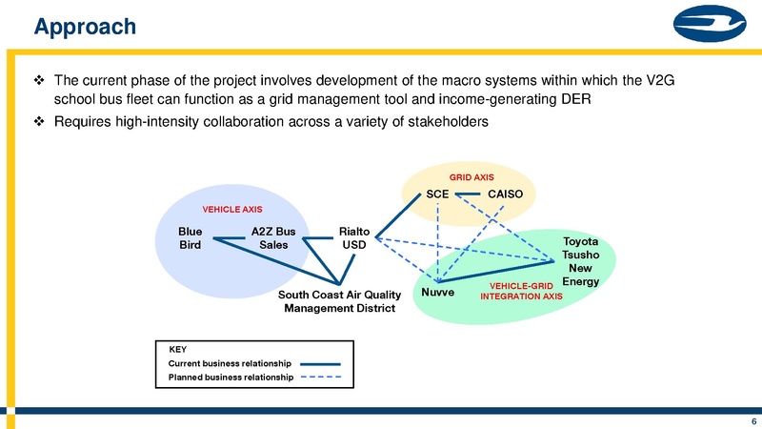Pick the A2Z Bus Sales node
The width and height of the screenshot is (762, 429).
(x=273, y=236)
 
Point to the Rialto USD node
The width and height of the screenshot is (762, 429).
(x=353, y=236)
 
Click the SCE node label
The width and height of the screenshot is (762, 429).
(x=437, y=194)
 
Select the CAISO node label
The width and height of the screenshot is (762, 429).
(x=506, y=194)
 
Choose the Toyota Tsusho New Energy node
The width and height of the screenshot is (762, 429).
(x=580, y=261)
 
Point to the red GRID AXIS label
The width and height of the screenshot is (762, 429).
(x=471, y=177)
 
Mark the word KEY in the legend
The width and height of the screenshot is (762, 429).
(x=178, y=349)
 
